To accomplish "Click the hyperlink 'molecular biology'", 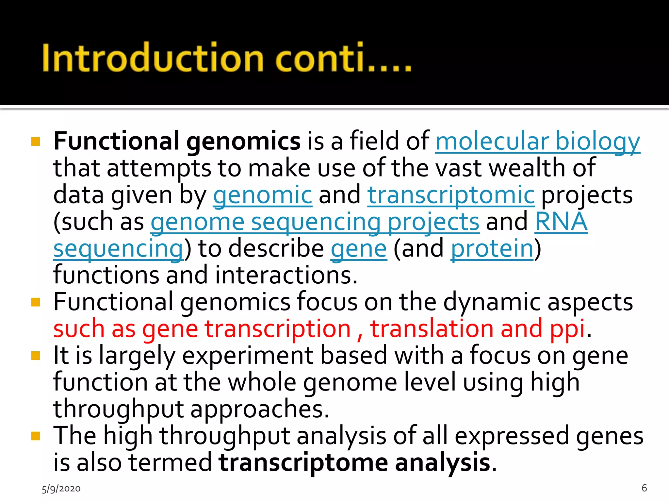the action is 537,141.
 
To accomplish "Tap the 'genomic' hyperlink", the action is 263,195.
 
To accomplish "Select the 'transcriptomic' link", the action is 451,195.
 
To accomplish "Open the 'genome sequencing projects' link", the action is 315,222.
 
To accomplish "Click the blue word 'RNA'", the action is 561,222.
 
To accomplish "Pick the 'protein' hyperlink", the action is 492,249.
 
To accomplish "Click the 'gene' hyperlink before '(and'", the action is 359,249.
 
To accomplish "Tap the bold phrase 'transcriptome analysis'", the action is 354,463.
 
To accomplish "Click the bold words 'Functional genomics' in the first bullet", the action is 177,141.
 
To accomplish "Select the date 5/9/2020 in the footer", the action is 61,489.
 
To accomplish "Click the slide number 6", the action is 644,488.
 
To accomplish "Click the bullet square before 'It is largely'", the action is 36,356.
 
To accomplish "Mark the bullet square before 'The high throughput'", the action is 36,436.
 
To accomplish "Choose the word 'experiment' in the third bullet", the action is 248,356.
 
